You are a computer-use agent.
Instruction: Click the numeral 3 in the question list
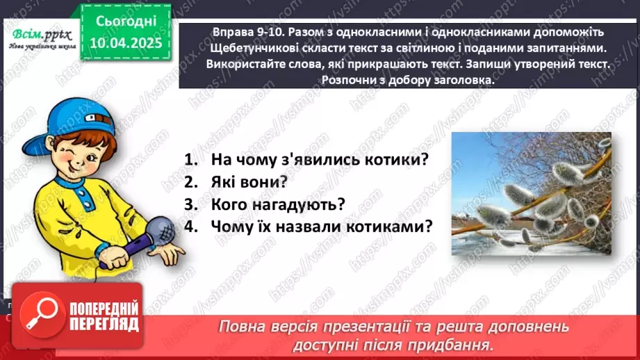(x=188, y=204)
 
